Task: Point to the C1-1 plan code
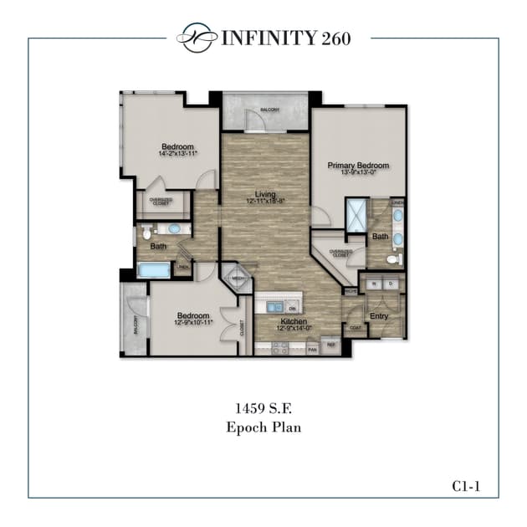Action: (x=468, y=485)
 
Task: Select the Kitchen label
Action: (x=293, y=321)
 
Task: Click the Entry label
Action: (x=379, y=316)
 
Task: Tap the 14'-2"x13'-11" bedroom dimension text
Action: (x=178, y=155)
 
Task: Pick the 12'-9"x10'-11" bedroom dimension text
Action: (x=192, y=322)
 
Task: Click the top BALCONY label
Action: (x=268, y=110)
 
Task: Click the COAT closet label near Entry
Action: (x=355, y=327)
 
